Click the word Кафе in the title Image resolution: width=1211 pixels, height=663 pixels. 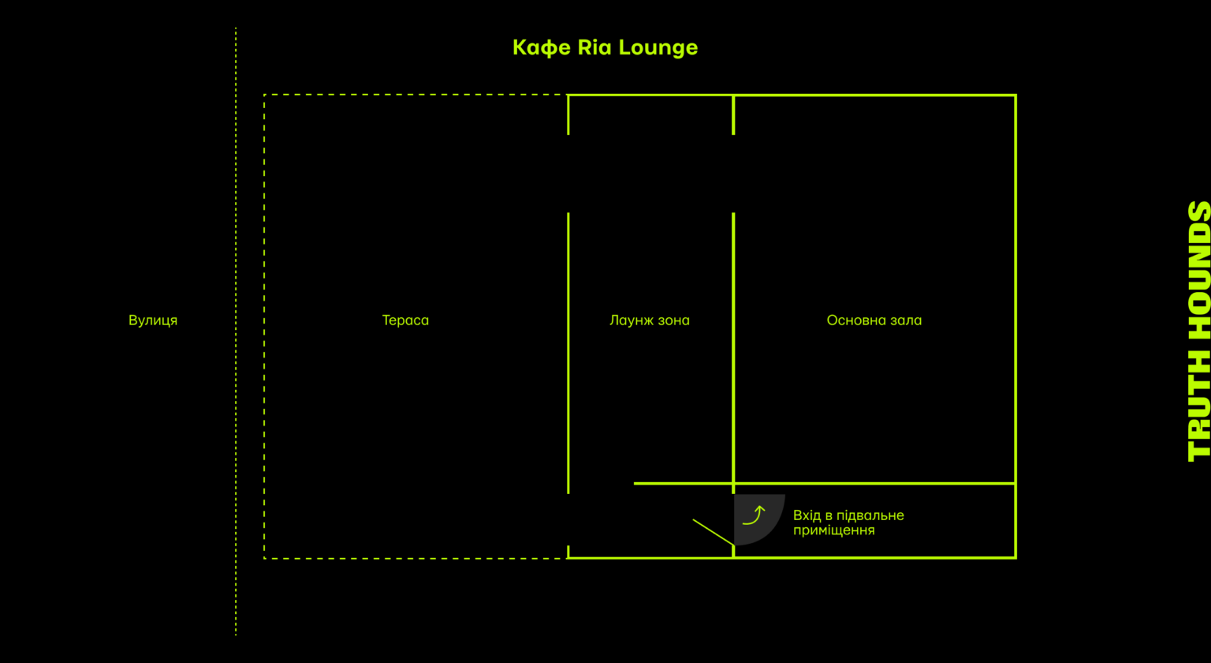pyautogui.click(x=542, y=47)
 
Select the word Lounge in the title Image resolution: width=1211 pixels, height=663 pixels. pyautogui.click(x=658, y=48)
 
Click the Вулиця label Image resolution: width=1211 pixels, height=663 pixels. pyautogui.click(x=153, y=320)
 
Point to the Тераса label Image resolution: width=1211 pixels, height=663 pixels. pyautogui.click(x=405, y=320)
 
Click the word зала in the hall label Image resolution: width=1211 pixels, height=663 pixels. pyautogui.click(x=906, y=320)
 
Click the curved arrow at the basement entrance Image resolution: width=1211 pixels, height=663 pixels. pyautogui.click(x=755, y=515)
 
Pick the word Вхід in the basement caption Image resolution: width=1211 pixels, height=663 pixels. pyautogui.click(x=807, y=515)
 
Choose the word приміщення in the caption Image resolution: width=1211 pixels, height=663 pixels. pyautogui.click(x=834, y=531)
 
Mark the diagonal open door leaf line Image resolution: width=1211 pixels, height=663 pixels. pyautogui.click(x=714, y=532)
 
